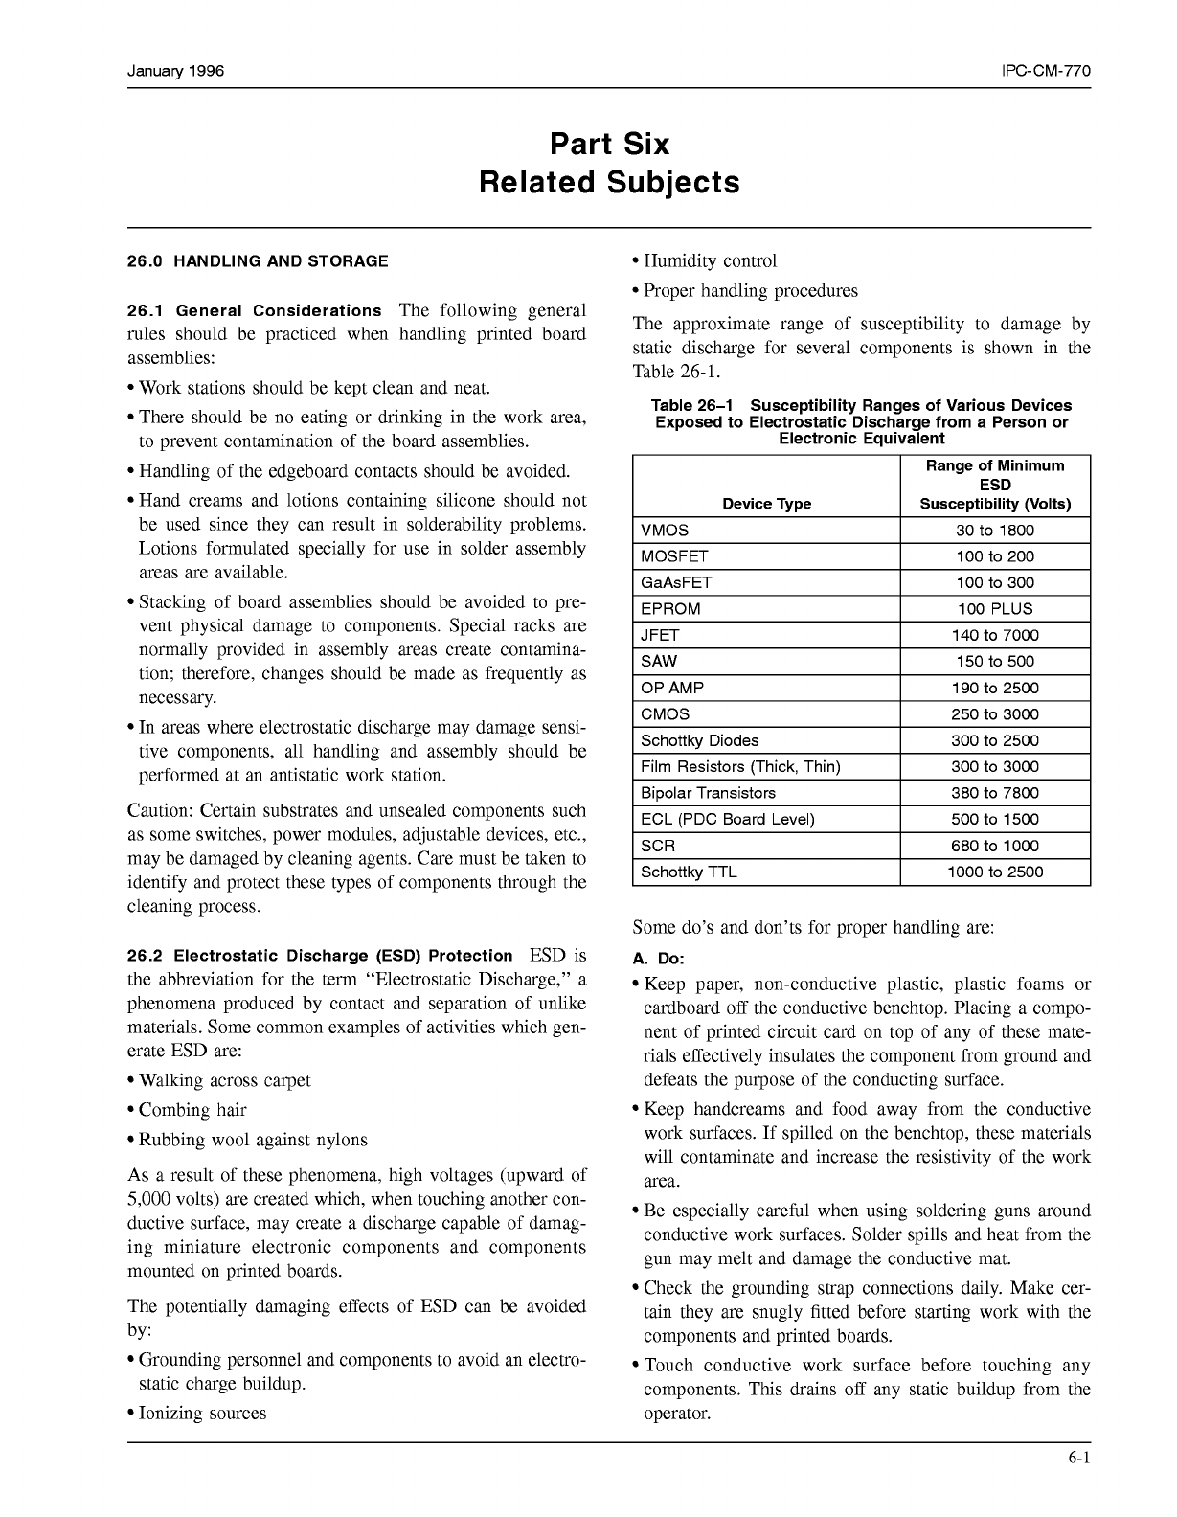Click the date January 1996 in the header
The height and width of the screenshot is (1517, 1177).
click(x=175, y=72)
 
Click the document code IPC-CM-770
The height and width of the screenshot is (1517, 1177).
click(x=1046, y=72)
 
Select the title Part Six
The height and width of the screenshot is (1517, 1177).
click(x=609, y=145)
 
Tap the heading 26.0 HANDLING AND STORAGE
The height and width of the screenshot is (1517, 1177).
click(x=258, y=260)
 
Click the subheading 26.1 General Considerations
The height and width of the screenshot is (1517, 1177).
click(x=254, y=310)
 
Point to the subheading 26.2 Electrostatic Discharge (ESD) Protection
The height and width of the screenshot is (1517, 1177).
click(x=320, y=956)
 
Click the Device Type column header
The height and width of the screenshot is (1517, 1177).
click(x=766, y=504)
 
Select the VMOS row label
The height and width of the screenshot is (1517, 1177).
click(x=665, y=531)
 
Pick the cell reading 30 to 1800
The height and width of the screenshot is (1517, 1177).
click(x=995, y=531)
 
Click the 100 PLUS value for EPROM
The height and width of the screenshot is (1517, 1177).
click(x=995, y=609)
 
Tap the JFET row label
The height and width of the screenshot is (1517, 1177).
click(x=660, y=635)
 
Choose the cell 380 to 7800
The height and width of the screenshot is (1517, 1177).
click(x=995, y=793)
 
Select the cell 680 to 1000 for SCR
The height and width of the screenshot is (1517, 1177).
click(x=995, y=846)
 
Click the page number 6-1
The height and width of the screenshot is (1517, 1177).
click(x=1079, y=1460)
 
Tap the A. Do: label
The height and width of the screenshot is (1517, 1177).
click(x=659, y=959)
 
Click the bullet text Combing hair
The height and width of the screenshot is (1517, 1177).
click(x=192, y=1110)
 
